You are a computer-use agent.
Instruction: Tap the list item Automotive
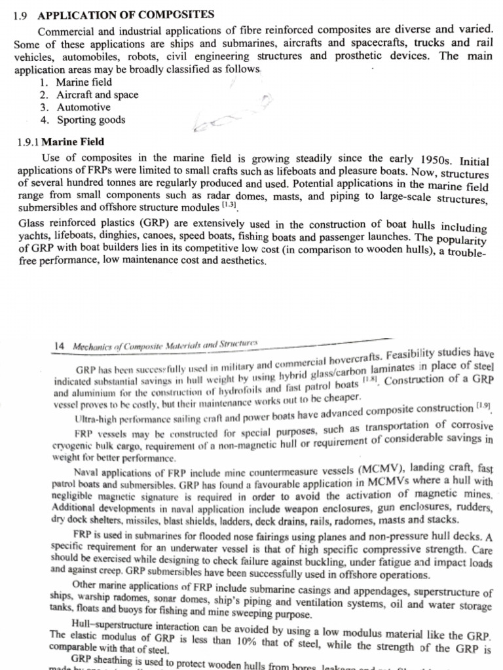pyautogui.click(x=83, y=107)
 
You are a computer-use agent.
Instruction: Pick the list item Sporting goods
pyautogui.click(x=90, y=120)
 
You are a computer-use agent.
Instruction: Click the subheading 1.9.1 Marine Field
pyautogui.click(x=60, y=142)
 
